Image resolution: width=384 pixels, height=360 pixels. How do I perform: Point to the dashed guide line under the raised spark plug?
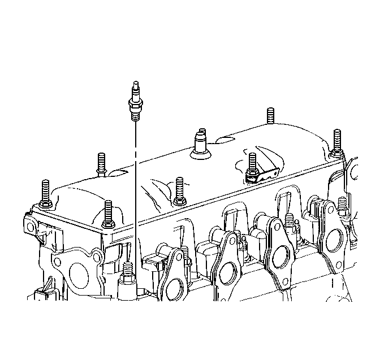tap(135, 186)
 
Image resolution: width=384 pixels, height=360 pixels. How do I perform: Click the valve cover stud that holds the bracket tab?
tap(251, 164)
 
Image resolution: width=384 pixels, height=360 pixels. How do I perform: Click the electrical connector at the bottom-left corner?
tap(39, 296)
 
